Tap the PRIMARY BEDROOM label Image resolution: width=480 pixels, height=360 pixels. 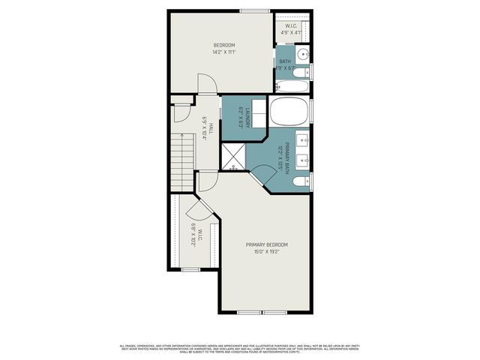[x=266, y=244]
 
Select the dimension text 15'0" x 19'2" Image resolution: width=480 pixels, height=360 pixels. [x=266, y=252]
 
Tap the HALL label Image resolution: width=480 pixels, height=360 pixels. [x=211, y=128]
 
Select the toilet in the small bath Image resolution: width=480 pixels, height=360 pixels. [x=301, y=72]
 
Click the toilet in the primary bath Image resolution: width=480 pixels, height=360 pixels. [x=301, y=182]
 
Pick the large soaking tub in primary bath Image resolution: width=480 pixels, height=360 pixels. [x=289, y=112]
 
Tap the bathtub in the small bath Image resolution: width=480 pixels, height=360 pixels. [x=289, y=85]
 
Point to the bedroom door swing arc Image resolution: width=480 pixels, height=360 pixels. [x=206, y=85]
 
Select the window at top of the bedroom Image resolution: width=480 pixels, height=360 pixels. [x=250, y=10]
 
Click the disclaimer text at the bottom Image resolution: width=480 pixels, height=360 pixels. [x=240, y=348]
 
